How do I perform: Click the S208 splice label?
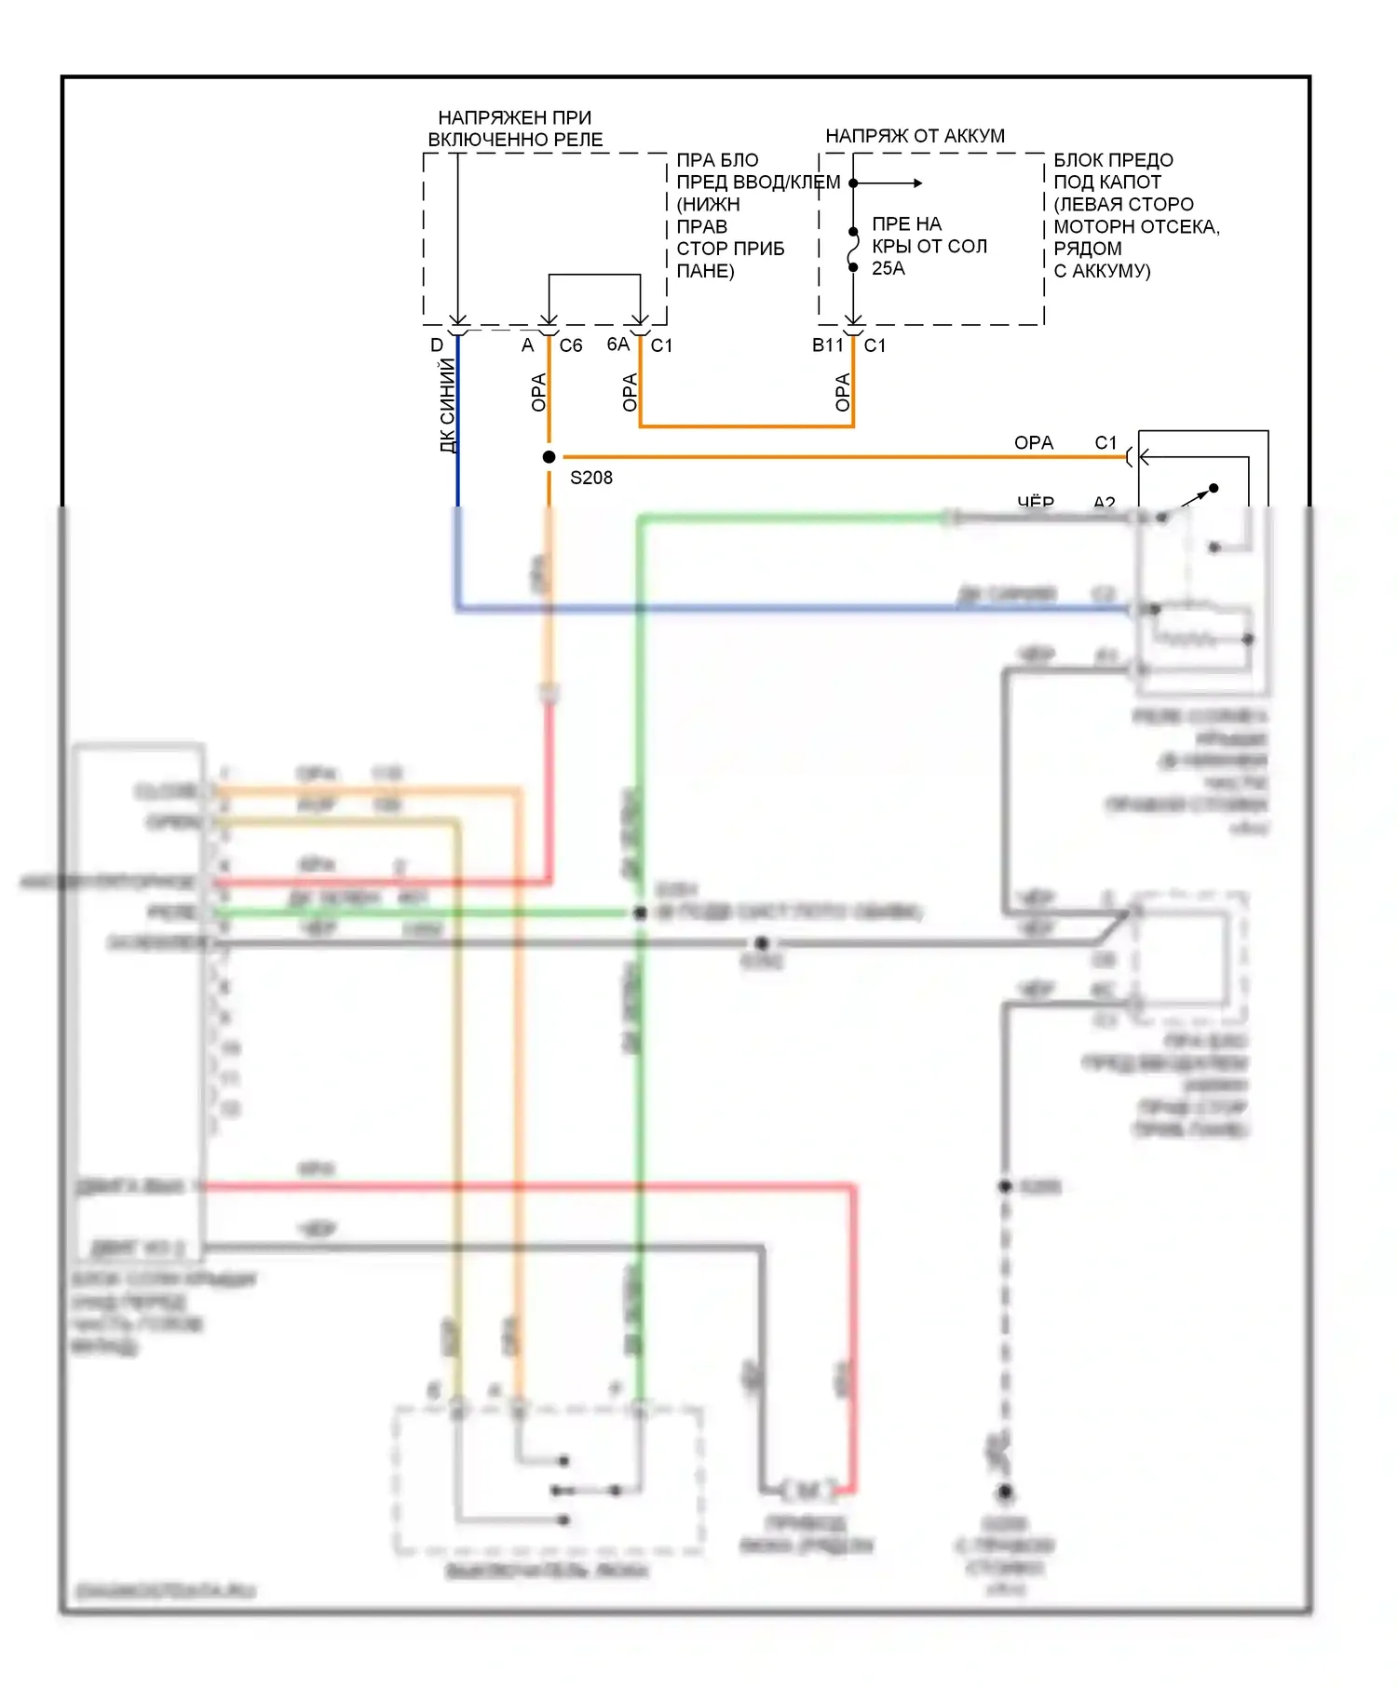pyautogui.click(x=591, y=478)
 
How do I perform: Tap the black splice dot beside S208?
pyautogui.click(x=549, y=457)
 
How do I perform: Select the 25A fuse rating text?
pyautogui.click(x=888, y=268)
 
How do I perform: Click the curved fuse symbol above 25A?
pyautogui.click(x=853, y=250)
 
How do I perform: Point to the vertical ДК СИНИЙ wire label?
pyautogui.click(x=448, y=405)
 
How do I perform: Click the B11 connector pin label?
pyautogui.click(x=827, y=345)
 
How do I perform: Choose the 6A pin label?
pyautogui.click(x=618, y=345)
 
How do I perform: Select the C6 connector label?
pyautogui.click(x=571, y=345)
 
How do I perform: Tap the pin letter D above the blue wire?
pyautogui.click(x=437, y=345)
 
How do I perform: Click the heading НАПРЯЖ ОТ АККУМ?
pyautogui.click(x=916, y=136)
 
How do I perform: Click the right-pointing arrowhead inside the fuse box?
pyautogui.click(x=918, y=183)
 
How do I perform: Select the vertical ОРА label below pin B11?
pyautogui.click(x=843, y=392)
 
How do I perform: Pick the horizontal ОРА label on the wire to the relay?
pyautogui.click(x=1034, y=443)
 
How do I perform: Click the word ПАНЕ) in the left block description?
pyautogui.click(x=705, y=271)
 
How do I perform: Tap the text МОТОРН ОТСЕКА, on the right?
pyautogui.click(x=1136, y=226)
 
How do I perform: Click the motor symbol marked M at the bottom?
pyautogui.click(x=808, y=1491)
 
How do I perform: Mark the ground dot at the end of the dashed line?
pyautogui.click(x=1006, y=1493)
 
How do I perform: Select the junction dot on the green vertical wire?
pyautogui.click(x=640, y=913)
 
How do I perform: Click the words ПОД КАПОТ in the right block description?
pyautogui.click(x=1107, y=182)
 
